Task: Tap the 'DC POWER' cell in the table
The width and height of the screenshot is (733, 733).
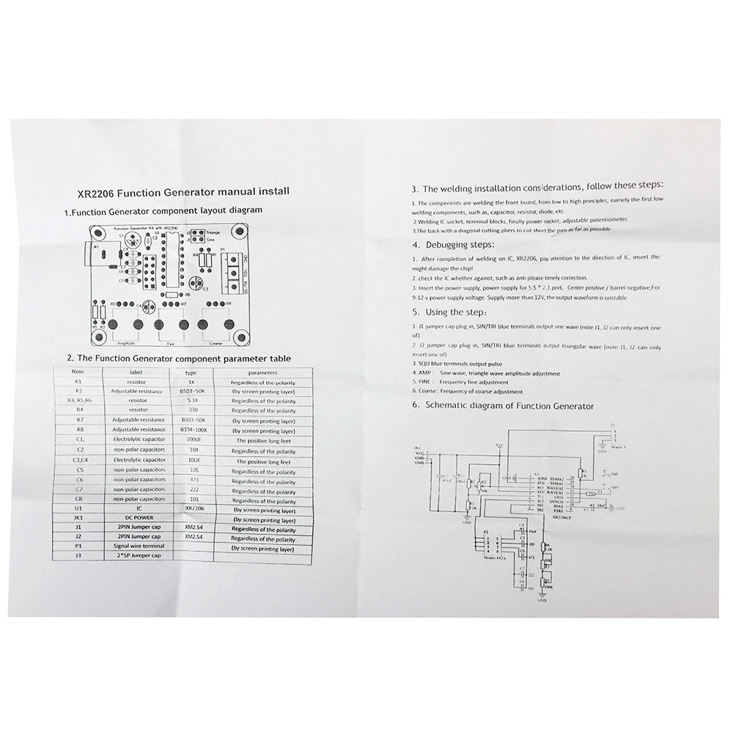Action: (133, 517)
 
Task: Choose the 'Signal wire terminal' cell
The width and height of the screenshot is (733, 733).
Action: (133, 545)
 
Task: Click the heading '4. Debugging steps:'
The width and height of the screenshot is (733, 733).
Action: (453, 244)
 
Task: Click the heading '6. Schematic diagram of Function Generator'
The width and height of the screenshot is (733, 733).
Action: (502, 405)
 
